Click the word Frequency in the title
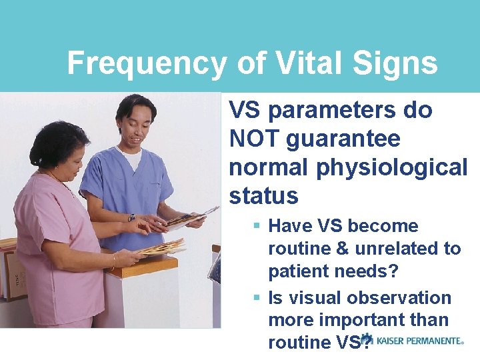pos(147,64)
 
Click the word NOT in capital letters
pos(257,139)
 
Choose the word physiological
pos(392,167)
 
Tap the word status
pos(263,196)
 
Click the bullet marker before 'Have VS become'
pos(257,227)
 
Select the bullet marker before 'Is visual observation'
pos(257,298)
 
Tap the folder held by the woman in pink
pos(159,248)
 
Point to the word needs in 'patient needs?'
pos(369,271)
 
